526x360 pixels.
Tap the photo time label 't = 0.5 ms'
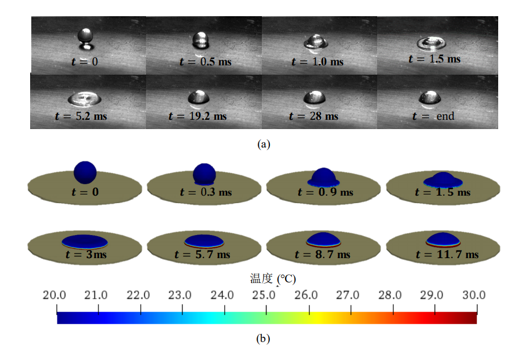(x=200, y=61)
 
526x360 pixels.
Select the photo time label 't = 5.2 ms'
(x=81, y=116)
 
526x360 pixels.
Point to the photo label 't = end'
(x=433, y=116)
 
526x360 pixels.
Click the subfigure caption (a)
(x=264, y=144)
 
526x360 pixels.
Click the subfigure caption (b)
(x=264, y=339)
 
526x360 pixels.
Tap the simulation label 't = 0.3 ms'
(x=206, y=192)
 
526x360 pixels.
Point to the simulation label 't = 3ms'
(x=85, y=254)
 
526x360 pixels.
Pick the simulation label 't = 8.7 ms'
(x=323, y=254)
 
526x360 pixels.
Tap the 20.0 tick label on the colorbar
(x=55, y=295)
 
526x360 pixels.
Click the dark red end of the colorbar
(x=472, y=318)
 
